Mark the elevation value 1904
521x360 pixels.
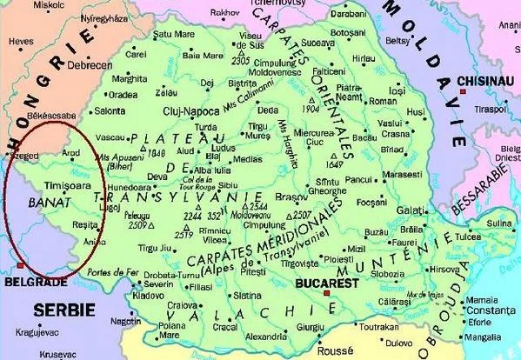click(312, 110)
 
